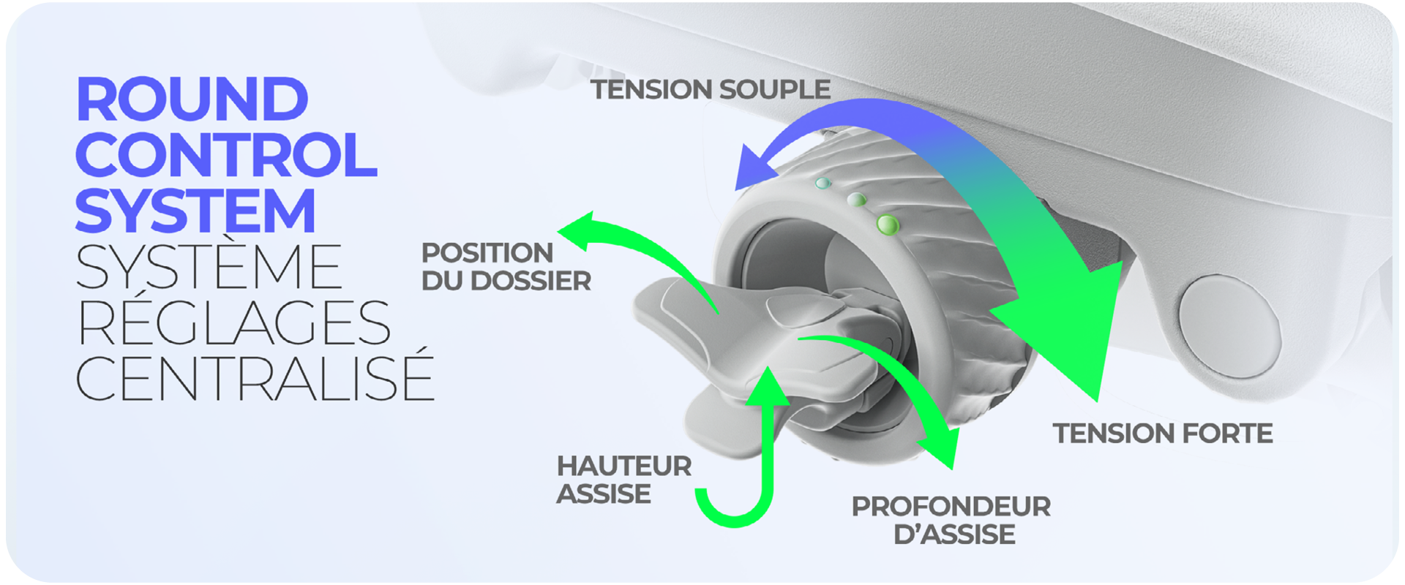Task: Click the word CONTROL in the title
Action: coord(226,155)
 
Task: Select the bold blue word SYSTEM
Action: coord(195,211)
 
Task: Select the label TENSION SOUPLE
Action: coord(711,90)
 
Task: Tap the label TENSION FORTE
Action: coord(1163,434)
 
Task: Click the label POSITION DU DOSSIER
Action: coord(506,267)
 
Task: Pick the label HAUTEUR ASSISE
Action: coord(624,480)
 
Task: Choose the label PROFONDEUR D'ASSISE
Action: coord(951,521)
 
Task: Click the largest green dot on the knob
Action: coord(888,224)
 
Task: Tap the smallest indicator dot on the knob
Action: coord(823,183)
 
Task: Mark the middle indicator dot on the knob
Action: coord(856,200)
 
